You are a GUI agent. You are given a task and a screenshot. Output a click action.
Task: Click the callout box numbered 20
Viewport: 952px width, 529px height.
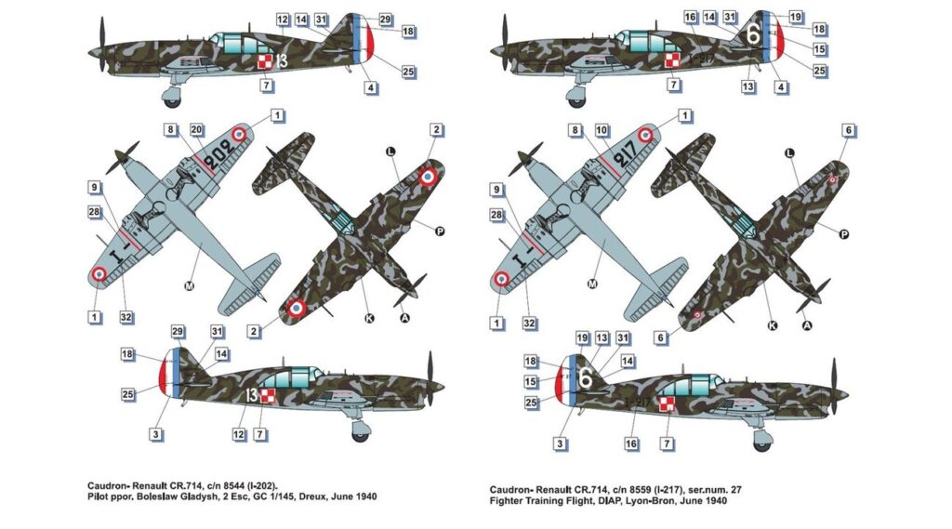point(196,129)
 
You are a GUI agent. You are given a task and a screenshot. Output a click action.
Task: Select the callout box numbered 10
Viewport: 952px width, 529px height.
point(602,130)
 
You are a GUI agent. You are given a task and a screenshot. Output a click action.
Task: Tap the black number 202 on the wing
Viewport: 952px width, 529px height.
point(218,154)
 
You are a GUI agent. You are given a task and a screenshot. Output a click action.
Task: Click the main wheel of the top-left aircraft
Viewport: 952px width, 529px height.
point(172,98)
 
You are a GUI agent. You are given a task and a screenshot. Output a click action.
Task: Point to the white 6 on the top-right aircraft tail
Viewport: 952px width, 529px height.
point(753,34)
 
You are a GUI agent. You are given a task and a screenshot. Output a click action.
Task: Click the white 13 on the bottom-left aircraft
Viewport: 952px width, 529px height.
point(252,396)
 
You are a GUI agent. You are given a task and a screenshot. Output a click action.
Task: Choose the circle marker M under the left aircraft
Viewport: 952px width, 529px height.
point(189,285)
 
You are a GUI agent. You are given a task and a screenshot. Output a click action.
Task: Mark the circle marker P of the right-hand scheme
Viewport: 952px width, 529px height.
point(843,234)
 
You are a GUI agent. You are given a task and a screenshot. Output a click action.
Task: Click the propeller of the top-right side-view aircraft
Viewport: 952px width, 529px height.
point(505,42)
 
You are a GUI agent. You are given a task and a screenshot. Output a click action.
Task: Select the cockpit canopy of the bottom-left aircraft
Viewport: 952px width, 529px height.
point(291,377)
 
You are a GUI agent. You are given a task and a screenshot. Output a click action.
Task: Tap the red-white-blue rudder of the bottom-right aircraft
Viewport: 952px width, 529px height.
point(566,380)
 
